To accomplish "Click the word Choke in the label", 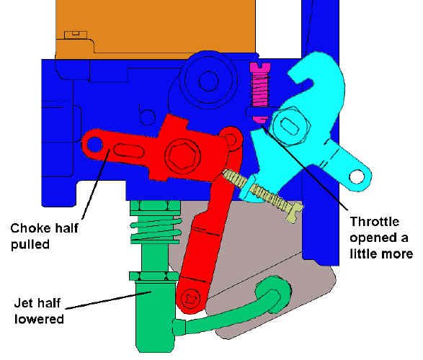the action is pos(27,228).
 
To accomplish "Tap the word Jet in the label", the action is pos(22,303).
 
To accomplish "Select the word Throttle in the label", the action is pos(375,222).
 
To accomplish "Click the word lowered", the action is pos(39,319).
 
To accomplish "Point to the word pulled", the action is pos(30,245).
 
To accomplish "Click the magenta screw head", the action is pos(260,68).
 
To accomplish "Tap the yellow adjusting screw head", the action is pos(295,212).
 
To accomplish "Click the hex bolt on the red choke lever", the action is pos(183,156).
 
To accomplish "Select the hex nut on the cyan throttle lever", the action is pos(290,126).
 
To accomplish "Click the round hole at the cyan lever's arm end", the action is pos(357,177).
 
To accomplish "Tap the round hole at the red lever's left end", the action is pos(94,145).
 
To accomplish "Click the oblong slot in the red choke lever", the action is pos(128,150).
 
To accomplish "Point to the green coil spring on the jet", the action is pos(156,230).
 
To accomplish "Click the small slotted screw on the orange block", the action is pos(76,35).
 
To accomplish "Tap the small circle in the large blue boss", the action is pos(208,81).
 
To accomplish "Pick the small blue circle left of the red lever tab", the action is pos(147,117).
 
